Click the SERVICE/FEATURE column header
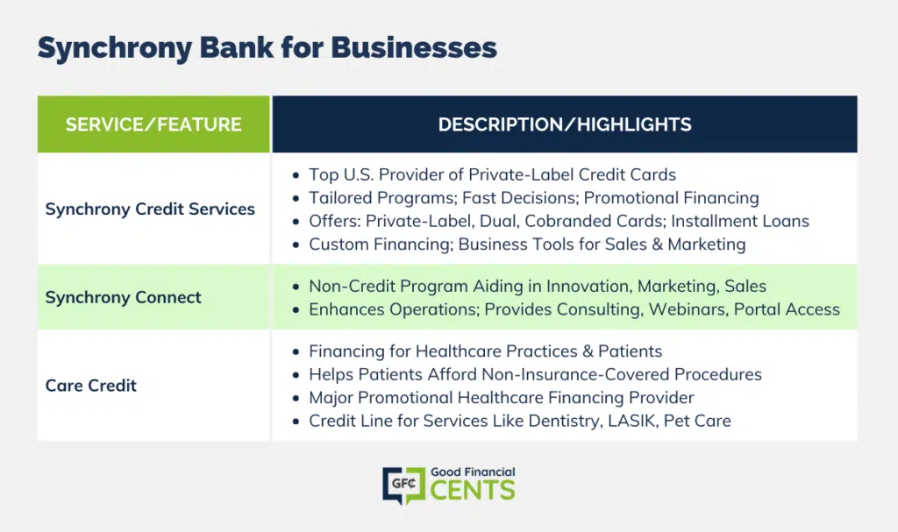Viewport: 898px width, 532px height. (153, 124)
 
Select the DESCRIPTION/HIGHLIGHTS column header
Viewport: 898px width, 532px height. (565, 124)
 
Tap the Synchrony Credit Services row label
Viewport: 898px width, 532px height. (150, 209)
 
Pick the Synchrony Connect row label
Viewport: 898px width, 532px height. (123, 297)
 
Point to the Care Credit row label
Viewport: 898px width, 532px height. (91, 386)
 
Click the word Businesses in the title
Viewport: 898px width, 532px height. (414, 47)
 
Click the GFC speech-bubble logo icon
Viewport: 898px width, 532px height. (403, 486)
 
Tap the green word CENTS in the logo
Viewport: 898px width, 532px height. (473, 491)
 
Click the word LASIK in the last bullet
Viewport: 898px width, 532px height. (631, 421)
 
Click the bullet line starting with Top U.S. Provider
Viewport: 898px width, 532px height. (492, 174)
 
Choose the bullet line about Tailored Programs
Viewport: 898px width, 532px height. (534, 198)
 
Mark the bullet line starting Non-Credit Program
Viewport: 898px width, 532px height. (538, 287)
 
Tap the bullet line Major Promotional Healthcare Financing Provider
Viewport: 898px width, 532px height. (501, 398)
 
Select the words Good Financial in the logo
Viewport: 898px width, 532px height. (473, 472)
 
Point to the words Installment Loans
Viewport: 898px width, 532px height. (740, 221)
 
